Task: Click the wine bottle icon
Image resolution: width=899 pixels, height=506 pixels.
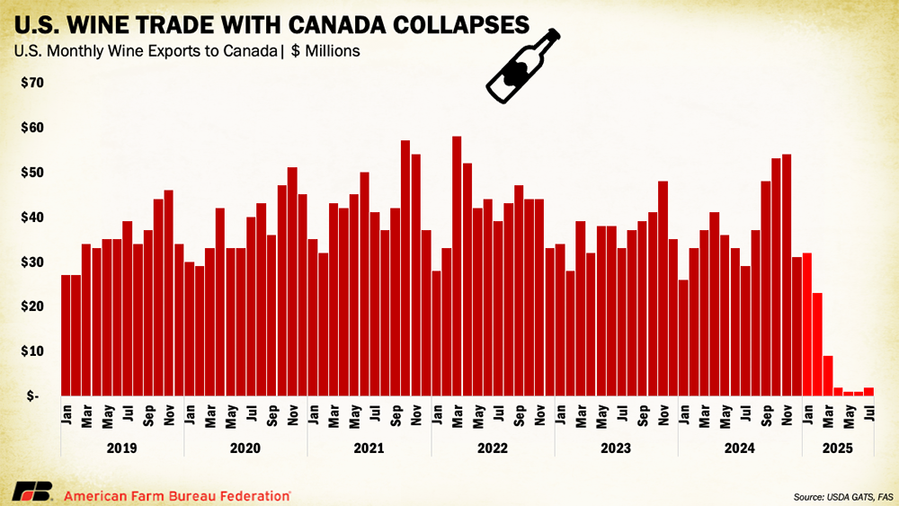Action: coord(522,65)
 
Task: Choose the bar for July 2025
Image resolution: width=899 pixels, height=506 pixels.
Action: coord(868,391)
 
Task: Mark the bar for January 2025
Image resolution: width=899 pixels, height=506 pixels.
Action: coord(806,324)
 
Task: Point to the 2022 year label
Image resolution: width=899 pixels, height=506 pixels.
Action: coord(493,447)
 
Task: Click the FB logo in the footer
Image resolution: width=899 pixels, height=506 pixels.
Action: coord(31,492)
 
